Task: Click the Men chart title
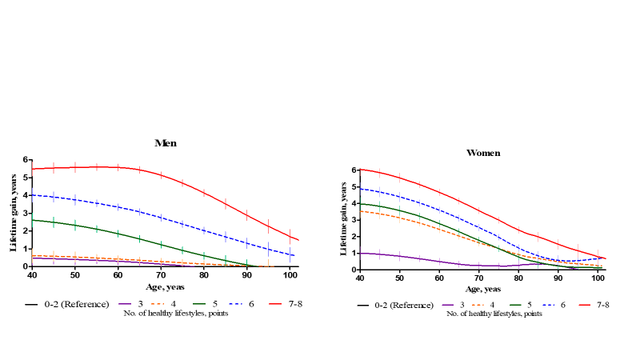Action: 166,143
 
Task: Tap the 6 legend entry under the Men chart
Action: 246,304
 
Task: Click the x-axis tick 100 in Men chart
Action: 290,275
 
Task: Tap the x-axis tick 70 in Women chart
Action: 479,278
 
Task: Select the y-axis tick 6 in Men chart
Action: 26,160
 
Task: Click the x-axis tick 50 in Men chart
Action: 74,275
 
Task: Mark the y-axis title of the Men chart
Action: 14,213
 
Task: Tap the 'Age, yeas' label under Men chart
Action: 166,286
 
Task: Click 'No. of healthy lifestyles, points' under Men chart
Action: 166,313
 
